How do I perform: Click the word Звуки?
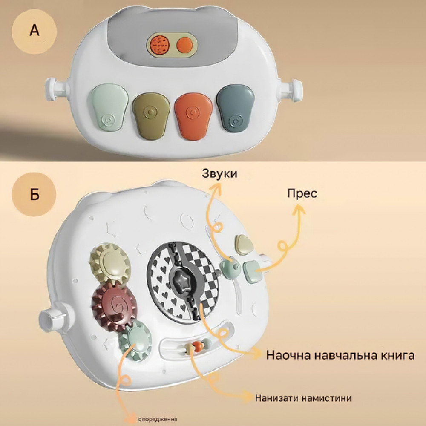coord(220,174)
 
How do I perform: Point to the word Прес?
coord(302,193)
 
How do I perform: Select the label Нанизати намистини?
coord(303,398)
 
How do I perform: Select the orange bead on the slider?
coord(197,346)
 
